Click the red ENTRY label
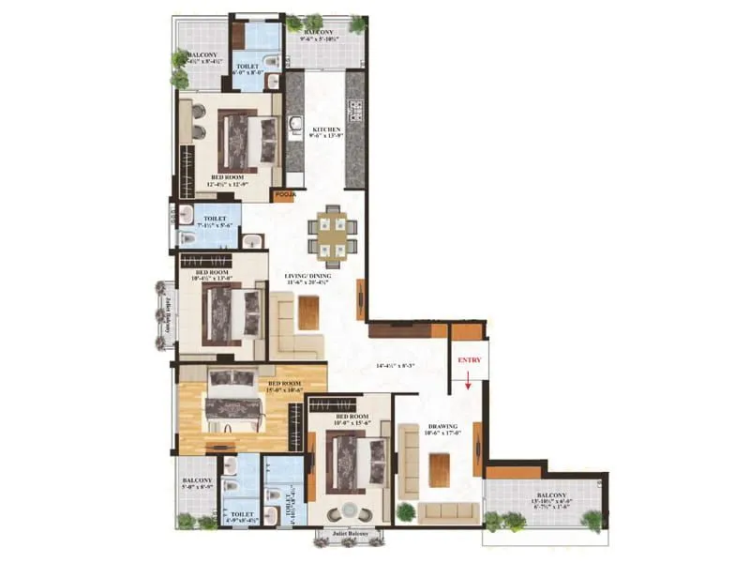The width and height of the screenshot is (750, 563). (x=468, y=359)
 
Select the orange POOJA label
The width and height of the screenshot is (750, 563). (x=285, y=195)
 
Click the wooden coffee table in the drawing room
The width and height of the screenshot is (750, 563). (x=440, y=469)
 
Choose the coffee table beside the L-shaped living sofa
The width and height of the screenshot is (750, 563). (x=308, y=311)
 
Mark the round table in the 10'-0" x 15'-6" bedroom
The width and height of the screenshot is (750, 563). (x=350, y=513)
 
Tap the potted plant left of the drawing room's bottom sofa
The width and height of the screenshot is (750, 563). (x=405, y=512)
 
